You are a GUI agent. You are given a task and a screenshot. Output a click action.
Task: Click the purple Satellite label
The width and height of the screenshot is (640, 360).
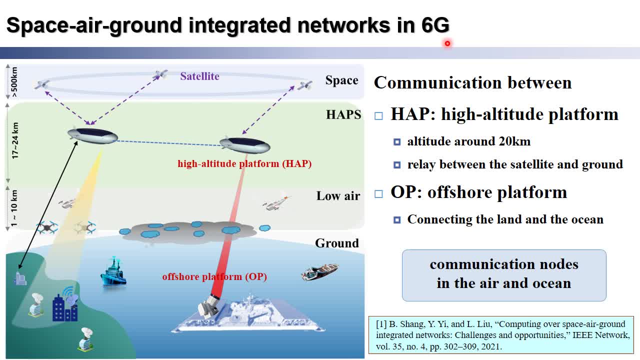pyautogui.click(x=199, y=76)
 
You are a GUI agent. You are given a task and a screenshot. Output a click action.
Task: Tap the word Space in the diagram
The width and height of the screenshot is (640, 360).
pyautogui.click(x=341, y=80)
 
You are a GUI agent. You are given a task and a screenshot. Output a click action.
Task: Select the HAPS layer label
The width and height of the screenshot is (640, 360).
pyautogui.click(x=343, y=114)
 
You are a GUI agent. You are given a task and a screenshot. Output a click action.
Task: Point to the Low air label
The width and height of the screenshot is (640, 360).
pyautogui.click(x=338, y=196)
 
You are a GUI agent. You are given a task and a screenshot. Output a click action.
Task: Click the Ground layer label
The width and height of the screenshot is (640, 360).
pyautogui.click(x=337, y=243)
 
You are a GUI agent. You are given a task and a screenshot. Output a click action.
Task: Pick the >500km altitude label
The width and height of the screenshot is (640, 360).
pyautogui.click(x=14, y=82)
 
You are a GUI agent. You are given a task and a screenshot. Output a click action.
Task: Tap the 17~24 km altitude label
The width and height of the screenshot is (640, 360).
pyautogui.click(x=15, y=140)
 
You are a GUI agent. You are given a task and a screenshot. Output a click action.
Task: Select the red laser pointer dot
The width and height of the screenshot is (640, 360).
pyautogui.click(x=447, y=43)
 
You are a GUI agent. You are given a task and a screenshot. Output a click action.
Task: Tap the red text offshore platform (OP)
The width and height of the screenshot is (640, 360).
pyautogui.click(x=214, y=276)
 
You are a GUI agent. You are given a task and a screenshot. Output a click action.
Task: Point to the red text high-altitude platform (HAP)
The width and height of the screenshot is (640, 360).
pyautogui.click(x=244, y=163)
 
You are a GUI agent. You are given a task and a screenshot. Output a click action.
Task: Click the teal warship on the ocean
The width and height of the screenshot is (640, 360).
pyautogui.click(x=113, y=272)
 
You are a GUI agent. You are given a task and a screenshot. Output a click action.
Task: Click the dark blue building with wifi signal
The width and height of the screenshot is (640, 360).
pyautogui.click(x=65, y=304)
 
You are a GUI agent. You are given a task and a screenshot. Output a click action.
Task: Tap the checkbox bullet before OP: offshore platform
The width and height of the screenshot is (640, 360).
pyautogui.click(x=378, y=194)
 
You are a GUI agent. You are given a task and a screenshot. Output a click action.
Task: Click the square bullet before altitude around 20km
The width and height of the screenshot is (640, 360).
pyautogui.click(x=397, y=142)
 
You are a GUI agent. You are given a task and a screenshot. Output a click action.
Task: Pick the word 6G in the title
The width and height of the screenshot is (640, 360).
pyautogui.click(x=435, y=25)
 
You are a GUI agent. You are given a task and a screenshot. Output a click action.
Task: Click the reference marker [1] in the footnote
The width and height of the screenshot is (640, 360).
pyautogui.click(x=381, y=324)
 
